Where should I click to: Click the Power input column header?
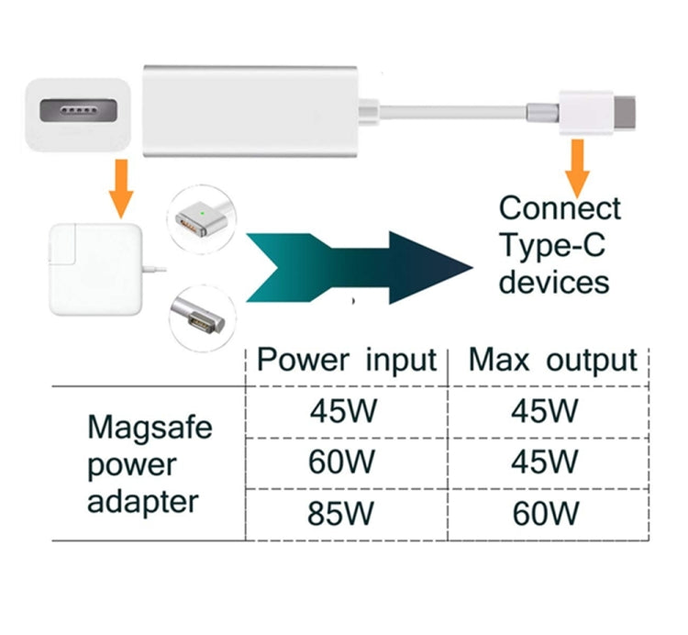[346, 360]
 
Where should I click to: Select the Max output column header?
[552, 360]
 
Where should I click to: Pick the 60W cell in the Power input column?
[342, 462]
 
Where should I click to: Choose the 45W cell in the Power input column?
[342, 410]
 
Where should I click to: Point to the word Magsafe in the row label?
[150, 428]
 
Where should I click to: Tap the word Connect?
[560, 208]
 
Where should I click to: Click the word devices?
[554, 281]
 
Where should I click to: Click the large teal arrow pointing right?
[358, 265]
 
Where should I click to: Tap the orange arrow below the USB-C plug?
[576, 164]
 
